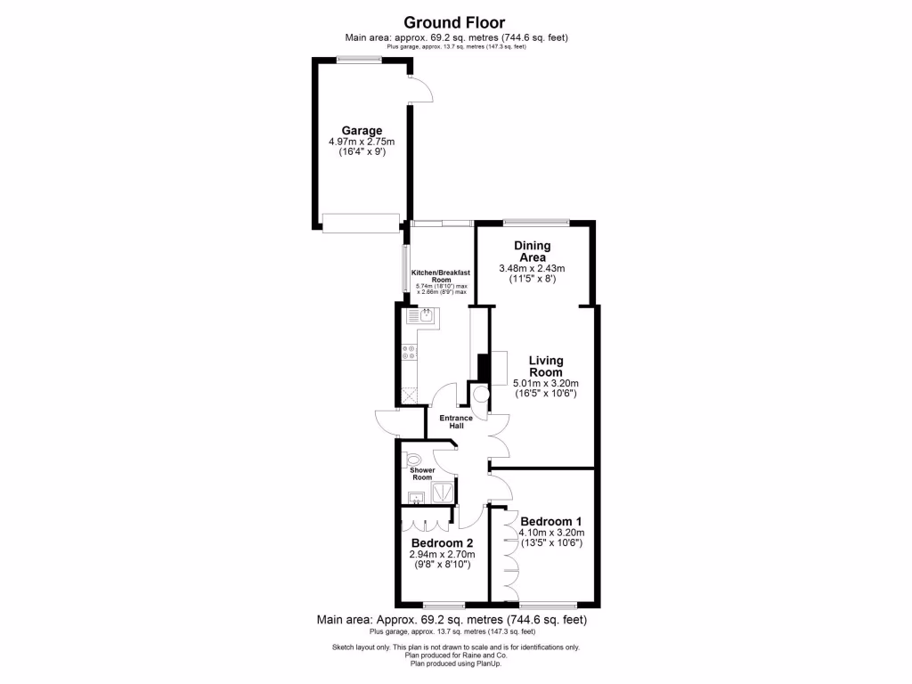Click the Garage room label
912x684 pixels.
[362, 130]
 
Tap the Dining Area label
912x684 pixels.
[533, 251]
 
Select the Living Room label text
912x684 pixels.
[546, 366]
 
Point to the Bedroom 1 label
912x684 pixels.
[551, 521]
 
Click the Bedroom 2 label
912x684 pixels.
[442, 542]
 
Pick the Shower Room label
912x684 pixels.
[423, 473]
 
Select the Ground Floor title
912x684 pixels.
[455, 22]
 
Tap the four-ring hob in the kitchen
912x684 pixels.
[411, 352]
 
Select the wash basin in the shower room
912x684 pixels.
[416, 497]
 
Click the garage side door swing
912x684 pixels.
[419, 88]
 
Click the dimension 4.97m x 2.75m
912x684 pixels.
[362, 142]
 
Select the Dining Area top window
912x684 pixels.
[536, 221]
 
